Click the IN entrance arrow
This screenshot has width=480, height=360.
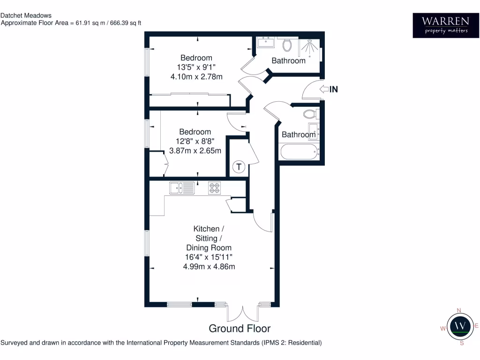325,89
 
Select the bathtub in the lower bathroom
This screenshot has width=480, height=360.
298,151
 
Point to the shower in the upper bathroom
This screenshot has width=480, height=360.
311,46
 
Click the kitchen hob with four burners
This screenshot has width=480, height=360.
214,187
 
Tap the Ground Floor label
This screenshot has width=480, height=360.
240,328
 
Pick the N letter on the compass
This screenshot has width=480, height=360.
459,310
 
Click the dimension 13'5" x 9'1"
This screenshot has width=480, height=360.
196,67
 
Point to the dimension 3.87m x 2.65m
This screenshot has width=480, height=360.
195,151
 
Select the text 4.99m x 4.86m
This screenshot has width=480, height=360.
209,267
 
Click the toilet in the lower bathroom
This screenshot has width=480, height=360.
310,114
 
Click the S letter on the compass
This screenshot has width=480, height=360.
462,343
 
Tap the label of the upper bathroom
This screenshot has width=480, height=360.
288,60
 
